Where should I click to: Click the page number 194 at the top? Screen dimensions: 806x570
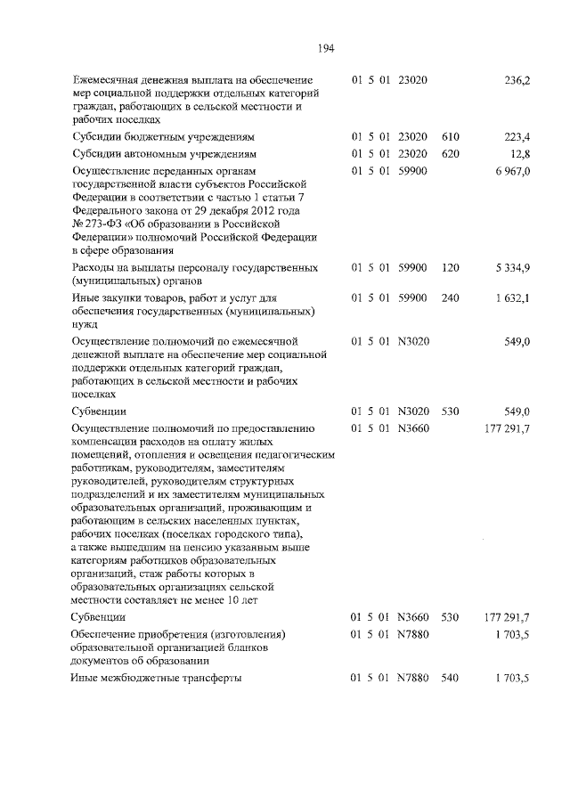325,48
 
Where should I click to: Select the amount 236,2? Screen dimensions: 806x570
517,81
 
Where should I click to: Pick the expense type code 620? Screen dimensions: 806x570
450,153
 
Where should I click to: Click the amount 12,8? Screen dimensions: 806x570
520,153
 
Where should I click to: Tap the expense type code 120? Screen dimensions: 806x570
450,268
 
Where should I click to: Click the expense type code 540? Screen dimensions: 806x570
450,678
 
